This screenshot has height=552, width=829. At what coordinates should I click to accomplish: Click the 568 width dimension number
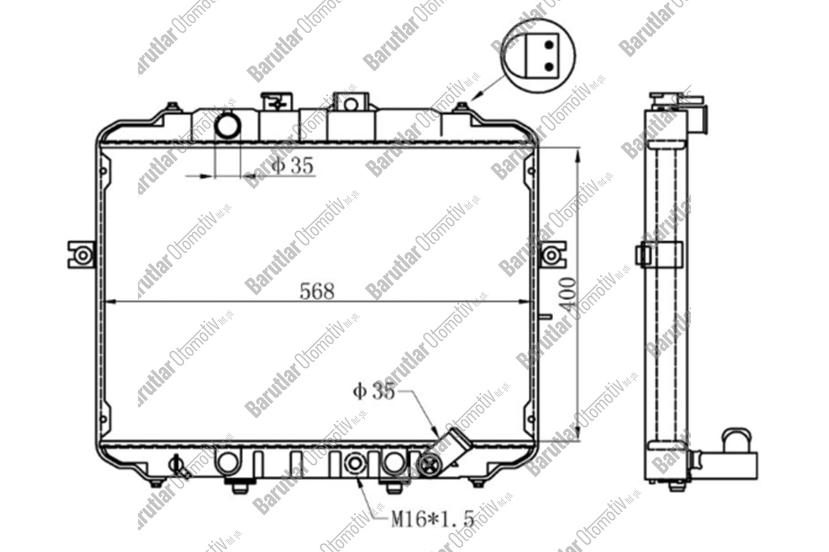(x=317, y=291)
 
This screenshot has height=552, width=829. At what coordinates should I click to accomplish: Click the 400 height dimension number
(x=570, y=295)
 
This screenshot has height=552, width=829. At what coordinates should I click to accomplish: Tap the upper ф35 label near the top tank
(x=293, y=165)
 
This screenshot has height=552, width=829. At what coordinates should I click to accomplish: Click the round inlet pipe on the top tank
(x=227, y=125)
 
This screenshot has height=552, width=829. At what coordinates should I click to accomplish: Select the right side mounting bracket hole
(x=551, y=256)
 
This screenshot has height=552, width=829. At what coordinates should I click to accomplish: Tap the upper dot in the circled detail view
(x=549, y=45)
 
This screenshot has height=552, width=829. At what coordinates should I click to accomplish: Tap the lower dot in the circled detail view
(x=549, y=66)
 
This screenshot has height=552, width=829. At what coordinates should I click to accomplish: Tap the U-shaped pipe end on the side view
(x=737, y=439)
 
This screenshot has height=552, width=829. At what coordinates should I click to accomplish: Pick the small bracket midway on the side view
(x=643, y=255)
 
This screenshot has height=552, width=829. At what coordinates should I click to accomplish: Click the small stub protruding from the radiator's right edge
(x=544, y=317)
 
